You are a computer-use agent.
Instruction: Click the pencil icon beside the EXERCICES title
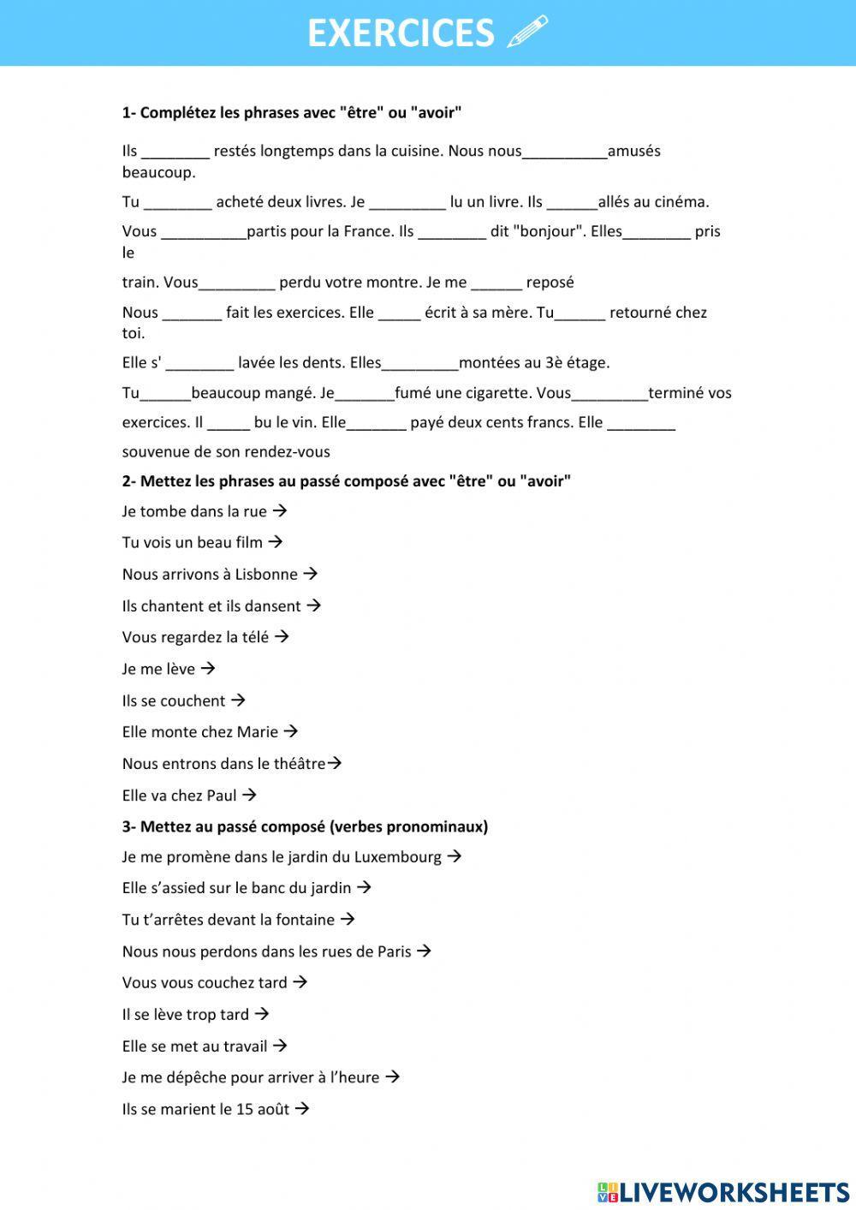coord(527,32)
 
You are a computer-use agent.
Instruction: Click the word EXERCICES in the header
coord(401,33)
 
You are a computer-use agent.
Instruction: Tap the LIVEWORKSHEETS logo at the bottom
coord(723,1191)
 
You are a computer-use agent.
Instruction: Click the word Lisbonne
coord(266,575)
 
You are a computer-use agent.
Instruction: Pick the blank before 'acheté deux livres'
coord(178,203)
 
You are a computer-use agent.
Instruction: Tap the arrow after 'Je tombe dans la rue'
coord(279,511)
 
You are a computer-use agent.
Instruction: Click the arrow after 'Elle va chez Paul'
coord(249,795)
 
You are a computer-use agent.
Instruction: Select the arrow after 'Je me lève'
coord(207,668)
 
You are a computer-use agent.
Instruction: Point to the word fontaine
coord(306,920)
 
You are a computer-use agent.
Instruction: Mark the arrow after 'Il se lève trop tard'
coord(262,1014)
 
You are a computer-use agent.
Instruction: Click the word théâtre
coord(300,764)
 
